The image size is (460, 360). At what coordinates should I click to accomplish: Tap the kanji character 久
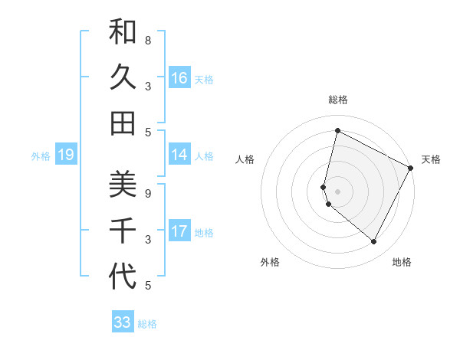tap(123, 78)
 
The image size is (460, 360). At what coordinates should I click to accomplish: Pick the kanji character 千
tap(123, 231)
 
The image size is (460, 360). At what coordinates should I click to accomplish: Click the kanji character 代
tap(123, 275)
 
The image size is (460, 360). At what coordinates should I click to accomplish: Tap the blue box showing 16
tap(179, 78)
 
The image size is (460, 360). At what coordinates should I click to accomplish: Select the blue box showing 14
tap(179, 155)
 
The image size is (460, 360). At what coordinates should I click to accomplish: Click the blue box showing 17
tap(179, 231)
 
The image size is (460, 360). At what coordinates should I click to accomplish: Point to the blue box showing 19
tap(65, 155)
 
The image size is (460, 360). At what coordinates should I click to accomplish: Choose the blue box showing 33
tap(123, 322)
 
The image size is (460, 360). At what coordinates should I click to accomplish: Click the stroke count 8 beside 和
tap(148, 40)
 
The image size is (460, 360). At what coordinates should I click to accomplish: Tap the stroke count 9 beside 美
tap(148, 193)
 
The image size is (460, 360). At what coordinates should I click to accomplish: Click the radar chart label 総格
tap(338, 100)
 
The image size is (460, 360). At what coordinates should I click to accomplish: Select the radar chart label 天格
tap(431, 159)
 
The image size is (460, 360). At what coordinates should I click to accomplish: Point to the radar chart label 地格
tap(402, 262)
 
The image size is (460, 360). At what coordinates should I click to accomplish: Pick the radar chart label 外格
tap(270, 262)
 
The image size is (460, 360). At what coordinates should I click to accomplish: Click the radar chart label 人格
tap(245, 159)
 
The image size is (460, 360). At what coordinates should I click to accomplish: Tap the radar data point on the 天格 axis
tap(411, 168)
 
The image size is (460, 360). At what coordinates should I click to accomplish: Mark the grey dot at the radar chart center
tap(338, 191)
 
